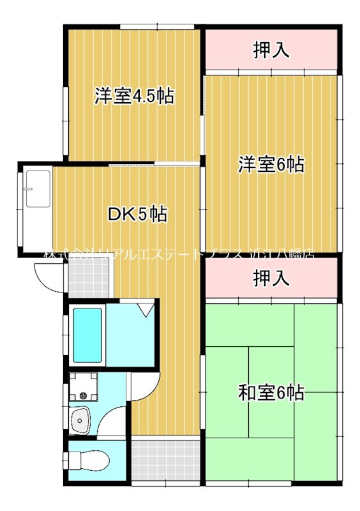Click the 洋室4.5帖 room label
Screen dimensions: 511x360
[x=134, y=96]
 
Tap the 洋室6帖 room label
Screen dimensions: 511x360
[x=271, y=165]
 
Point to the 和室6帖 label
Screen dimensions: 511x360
[x=271, y=392]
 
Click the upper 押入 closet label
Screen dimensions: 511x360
[x=271, y=50]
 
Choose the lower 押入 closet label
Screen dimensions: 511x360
[x=271, y=278]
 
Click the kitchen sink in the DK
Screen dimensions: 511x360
[x=38, y=189]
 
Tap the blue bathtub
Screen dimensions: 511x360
[x=87, y=335]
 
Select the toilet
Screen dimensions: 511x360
[x=82, y=459]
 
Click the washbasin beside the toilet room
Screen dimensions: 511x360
[x=82, y=420]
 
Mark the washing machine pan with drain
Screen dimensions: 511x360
[x=83, y=386]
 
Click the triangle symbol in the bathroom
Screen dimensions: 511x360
[x=146, y=310]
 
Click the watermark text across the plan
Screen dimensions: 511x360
[x=179, y=252]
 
